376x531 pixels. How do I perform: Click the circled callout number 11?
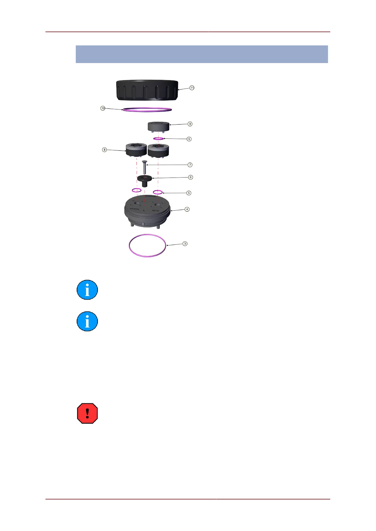pos(192,88)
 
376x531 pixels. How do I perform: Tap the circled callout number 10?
pos(103,108)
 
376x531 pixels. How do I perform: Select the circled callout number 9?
pos(190,124)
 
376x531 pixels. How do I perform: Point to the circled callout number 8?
pos(104,149)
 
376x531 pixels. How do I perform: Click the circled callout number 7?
pos(190,165)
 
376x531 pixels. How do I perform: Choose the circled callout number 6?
pos(190,177)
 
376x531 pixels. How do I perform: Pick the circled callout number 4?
pos(187,209)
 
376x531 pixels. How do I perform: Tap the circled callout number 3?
pos(185,243)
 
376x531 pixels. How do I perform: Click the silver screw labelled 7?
pos(145,167)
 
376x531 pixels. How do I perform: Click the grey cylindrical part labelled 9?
pos(159,126)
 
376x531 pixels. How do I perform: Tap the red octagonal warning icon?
pos(87,413)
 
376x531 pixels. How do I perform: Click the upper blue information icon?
pos(87,290)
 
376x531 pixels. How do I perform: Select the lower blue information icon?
pos(87,321)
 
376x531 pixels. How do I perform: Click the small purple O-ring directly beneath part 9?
pos(158,139)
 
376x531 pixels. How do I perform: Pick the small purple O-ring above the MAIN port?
pos(136,190)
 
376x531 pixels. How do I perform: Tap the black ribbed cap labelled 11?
pos(147,90)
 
